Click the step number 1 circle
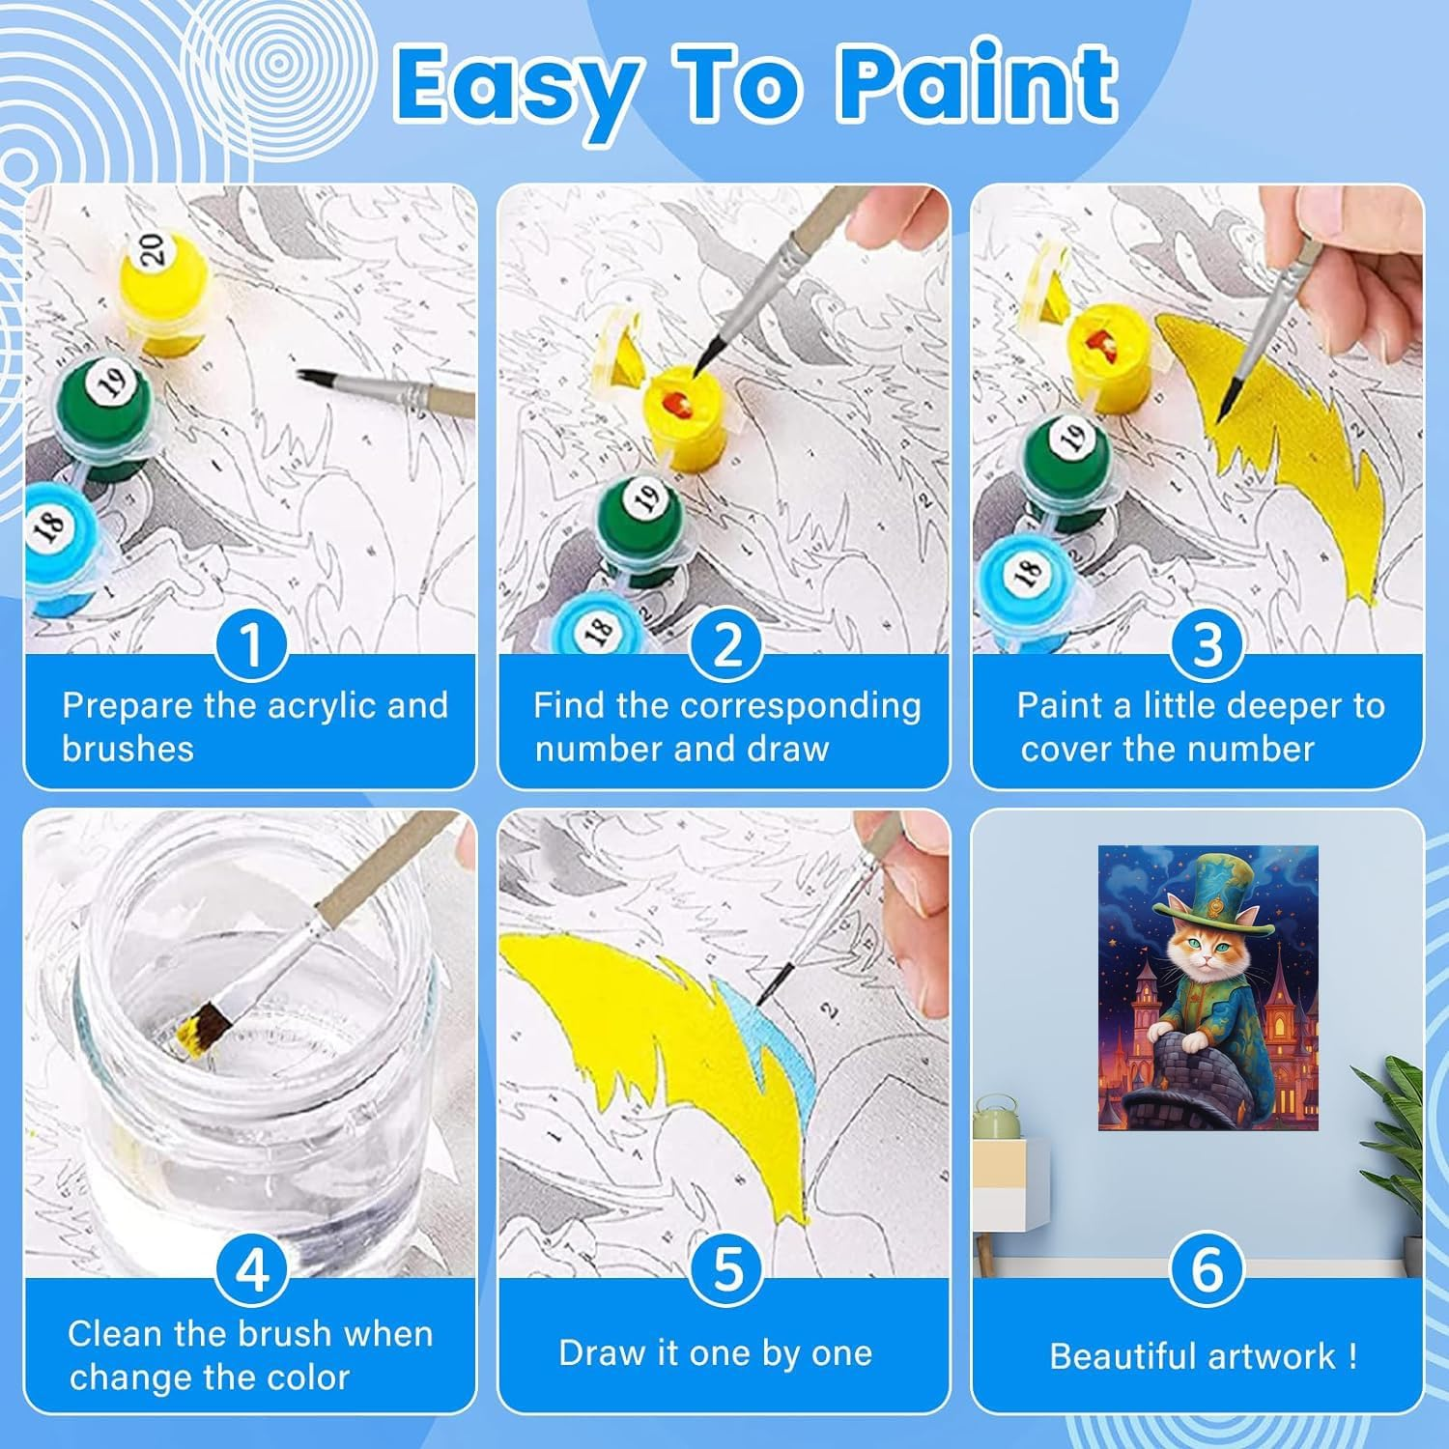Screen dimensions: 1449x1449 coord(251,644)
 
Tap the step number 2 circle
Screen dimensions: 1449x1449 coord(727,644)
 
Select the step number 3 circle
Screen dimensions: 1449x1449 coord(1207,644)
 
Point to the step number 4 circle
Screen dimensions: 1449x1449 coord(251,1269)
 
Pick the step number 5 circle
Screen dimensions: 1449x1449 coord(727,1269)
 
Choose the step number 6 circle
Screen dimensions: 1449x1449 coord(1207,1269)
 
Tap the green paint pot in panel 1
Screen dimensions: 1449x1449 coord(99,411)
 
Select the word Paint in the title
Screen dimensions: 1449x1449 coord(978,85)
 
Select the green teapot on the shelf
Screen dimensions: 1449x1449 coord(998,1118)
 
